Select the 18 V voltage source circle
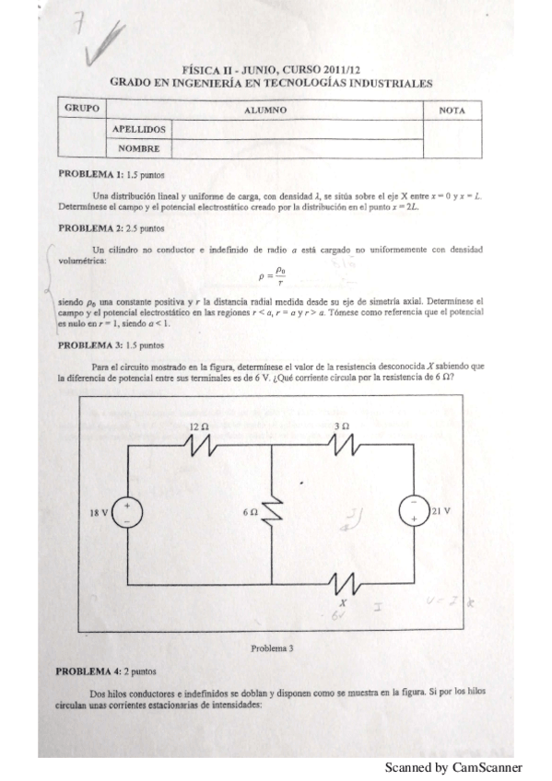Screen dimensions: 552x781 (127, 512)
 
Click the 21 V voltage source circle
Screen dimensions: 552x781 (414, 512)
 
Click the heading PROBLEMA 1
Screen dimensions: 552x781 (90, 173)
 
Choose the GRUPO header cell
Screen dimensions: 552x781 (82, 109)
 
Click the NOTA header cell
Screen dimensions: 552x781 (452, 111)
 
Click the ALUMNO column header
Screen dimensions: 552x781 (266, 111)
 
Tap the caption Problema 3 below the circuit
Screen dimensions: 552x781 (272, 648)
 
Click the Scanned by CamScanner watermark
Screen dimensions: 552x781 (453, 767)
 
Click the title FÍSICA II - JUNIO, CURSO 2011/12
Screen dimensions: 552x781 (271, 69)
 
